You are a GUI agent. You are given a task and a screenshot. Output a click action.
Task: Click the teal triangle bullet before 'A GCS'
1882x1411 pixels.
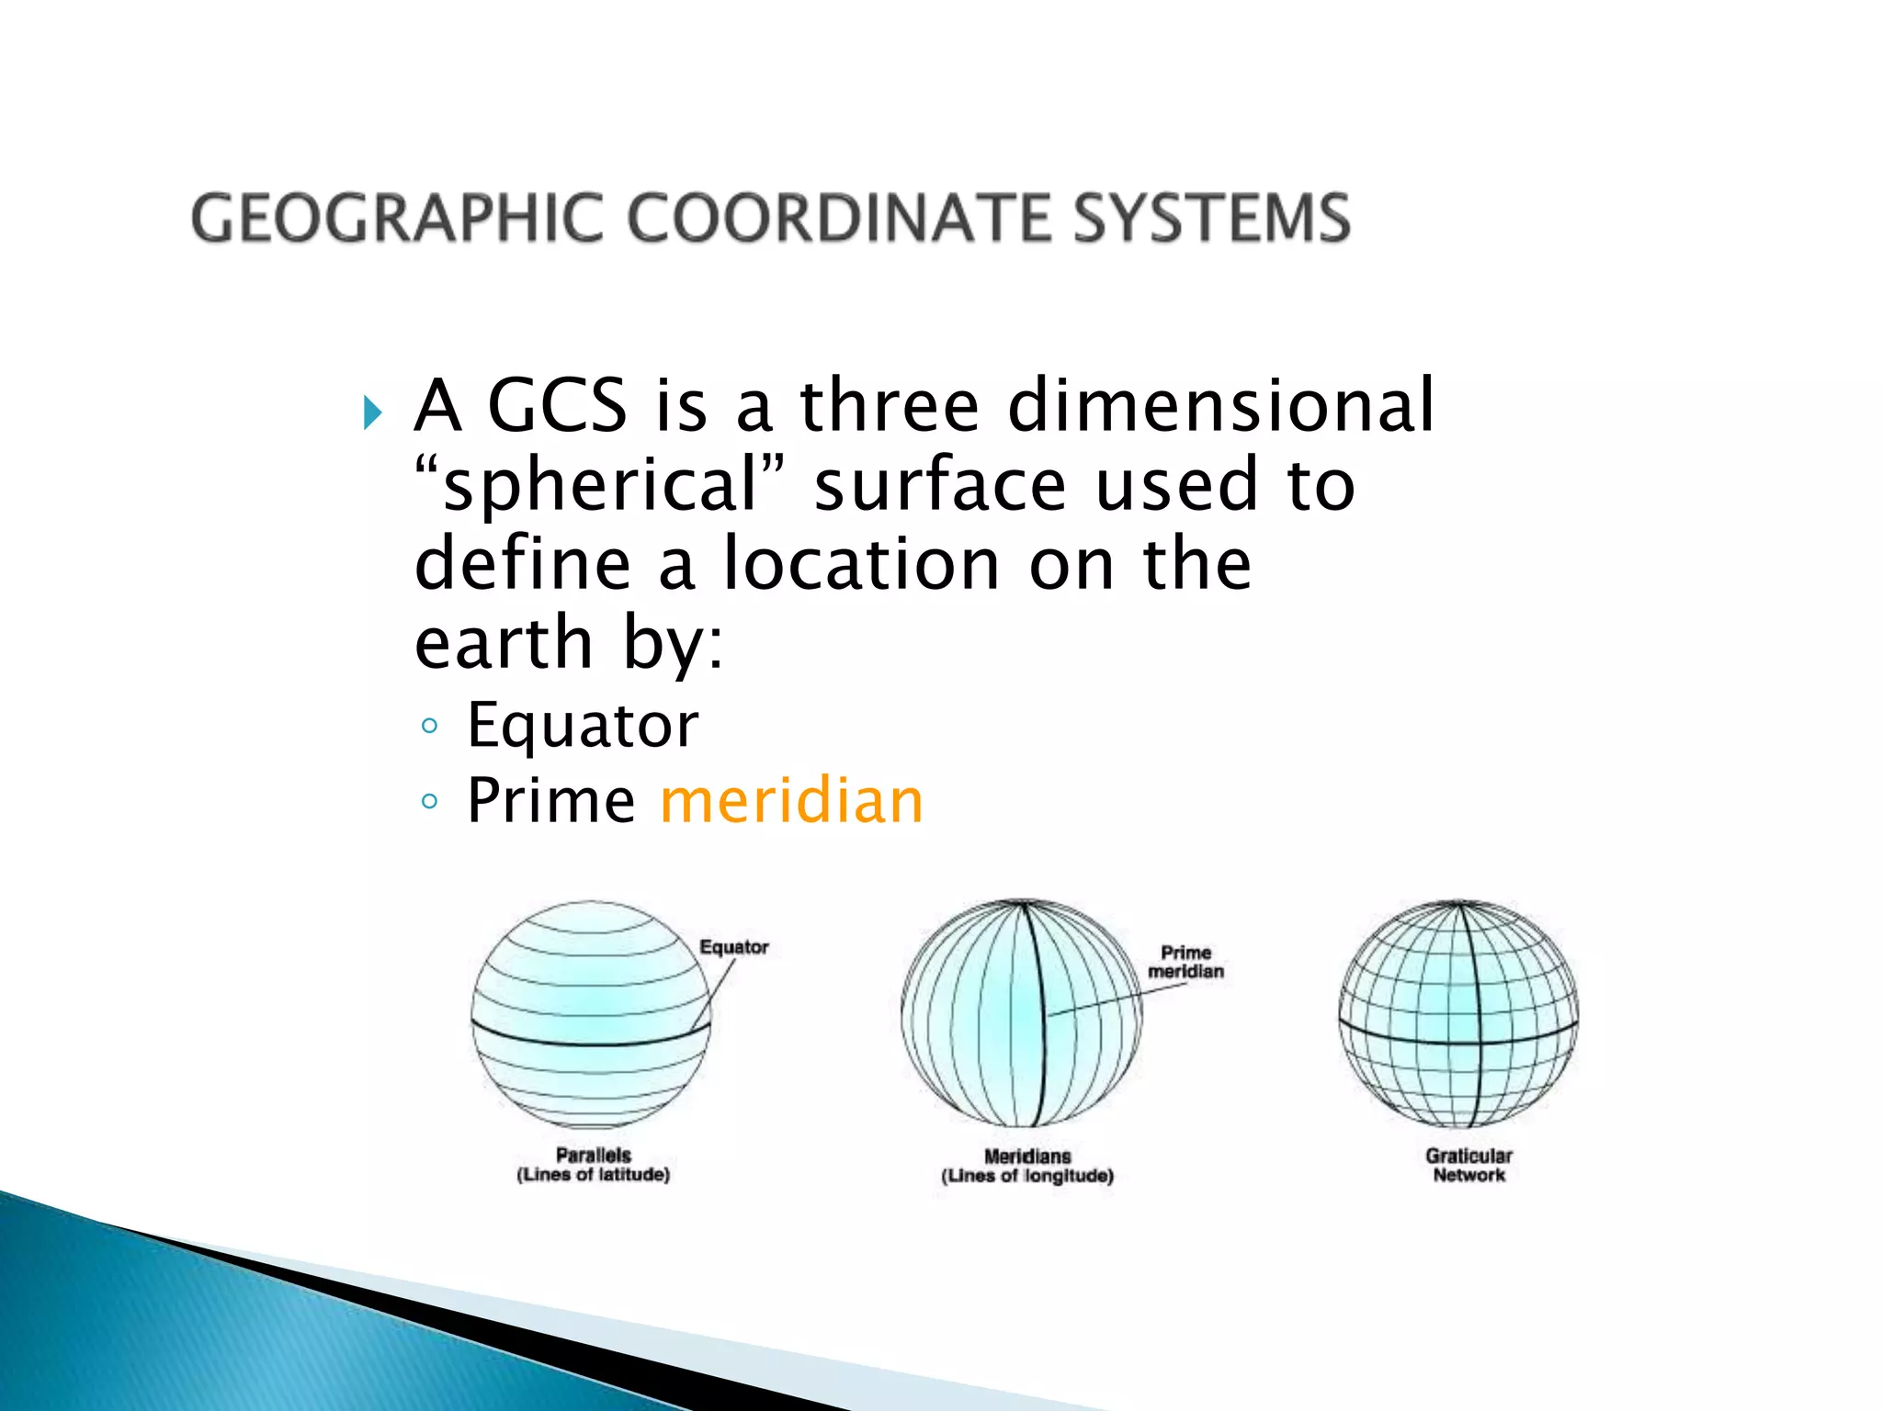click(x=372, y=412)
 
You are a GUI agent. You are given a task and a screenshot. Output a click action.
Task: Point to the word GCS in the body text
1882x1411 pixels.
click(x=557, y=405)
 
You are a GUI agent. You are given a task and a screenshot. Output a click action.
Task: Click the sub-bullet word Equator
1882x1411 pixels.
click(x=583, y=726)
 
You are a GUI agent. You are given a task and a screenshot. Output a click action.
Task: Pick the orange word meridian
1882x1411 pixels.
click(x=791, y=801)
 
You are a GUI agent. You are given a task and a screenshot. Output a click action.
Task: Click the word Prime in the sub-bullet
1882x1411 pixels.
click(x=550, y=801)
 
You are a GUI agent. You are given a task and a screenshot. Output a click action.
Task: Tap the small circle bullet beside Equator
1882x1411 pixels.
click(x=429, y=727)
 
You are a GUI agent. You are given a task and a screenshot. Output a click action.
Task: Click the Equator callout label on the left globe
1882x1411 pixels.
click(x=733, y=947)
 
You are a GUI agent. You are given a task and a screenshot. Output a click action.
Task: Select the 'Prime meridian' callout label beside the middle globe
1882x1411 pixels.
click(x=1185, y=962)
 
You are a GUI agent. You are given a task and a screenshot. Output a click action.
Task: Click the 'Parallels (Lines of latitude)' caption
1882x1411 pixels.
click(x=593, y=1165)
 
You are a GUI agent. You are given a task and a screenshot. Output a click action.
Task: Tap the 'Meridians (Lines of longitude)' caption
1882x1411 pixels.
click(x=1027, y=1166)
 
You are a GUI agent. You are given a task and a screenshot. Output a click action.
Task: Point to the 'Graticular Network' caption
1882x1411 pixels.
click(x=1468, y=1165)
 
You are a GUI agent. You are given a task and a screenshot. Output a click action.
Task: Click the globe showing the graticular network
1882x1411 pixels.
click(x=1458, y=1014)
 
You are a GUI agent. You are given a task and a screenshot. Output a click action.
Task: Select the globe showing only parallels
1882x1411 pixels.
click(x=591, y=1015)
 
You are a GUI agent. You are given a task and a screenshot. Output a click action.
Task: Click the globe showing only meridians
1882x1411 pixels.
click(x=1021, y=1014)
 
